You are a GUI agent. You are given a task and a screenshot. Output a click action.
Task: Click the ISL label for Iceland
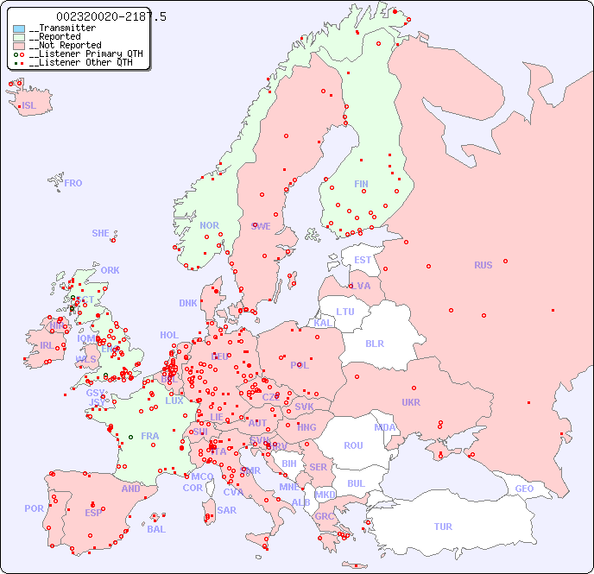(29, 106)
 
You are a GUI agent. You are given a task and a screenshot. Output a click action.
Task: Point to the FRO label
(73, 183)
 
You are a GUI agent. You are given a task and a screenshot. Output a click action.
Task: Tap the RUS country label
(483, 265)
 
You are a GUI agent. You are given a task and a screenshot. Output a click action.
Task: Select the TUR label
(443, 527)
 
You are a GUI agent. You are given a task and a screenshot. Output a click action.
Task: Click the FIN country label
(361, 184)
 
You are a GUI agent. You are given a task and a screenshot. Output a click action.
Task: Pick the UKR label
(411, 402)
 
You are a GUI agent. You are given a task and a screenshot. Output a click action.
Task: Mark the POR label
(34, 508)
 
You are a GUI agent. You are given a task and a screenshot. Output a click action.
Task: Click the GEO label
(524, 489)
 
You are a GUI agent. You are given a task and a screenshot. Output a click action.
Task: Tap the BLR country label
(374, 343)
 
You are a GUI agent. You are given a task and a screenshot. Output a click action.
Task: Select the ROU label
(353, 445)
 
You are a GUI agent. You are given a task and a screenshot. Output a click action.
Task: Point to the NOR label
(209, 225)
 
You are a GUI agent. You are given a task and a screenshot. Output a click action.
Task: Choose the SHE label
(101, 233)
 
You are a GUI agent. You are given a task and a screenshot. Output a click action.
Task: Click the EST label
(363, 260)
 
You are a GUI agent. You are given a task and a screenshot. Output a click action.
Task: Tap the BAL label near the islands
(155, 529)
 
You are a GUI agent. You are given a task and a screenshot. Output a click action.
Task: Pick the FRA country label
(150, 436)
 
